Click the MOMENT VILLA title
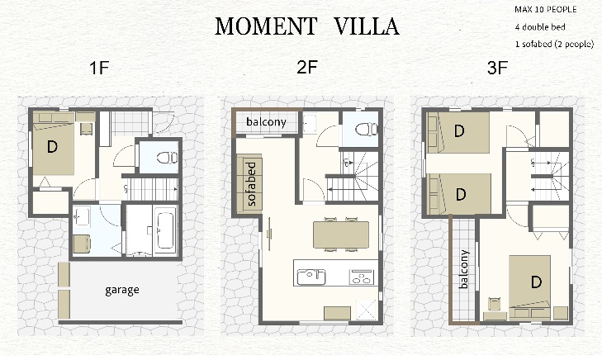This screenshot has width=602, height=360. coord(306,26)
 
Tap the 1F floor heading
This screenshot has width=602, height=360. coord(99,68)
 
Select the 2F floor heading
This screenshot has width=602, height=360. coord(307,67)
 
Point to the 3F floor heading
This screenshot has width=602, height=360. coord(498,68)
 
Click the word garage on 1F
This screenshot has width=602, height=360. coord(122,290)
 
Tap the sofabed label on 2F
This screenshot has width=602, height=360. coord(251,184)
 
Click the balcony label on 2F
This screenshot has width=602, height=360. coord(266,121)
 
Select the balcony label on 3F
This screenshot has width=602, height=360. coord(464,269)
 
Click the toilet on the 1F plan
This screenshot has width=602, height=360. coord(168,158)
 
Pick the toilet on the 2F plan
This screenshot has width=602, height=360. coord(367,130)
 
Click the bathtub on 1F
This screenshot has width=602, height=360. coord(165,230)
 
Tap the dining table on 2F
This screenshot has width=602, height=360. coord(341,234)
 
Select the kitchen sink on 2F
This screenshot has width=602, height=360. coord(311,277)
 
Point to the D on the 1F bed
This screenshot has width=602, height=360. coord(52,146)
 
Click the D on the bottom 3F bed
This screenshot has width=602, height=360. coord(536,282)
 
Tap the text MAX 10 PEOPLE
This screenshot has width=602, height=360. coord(546,10)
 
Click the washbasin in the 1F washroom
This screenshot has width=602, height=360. coord(81,217)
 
